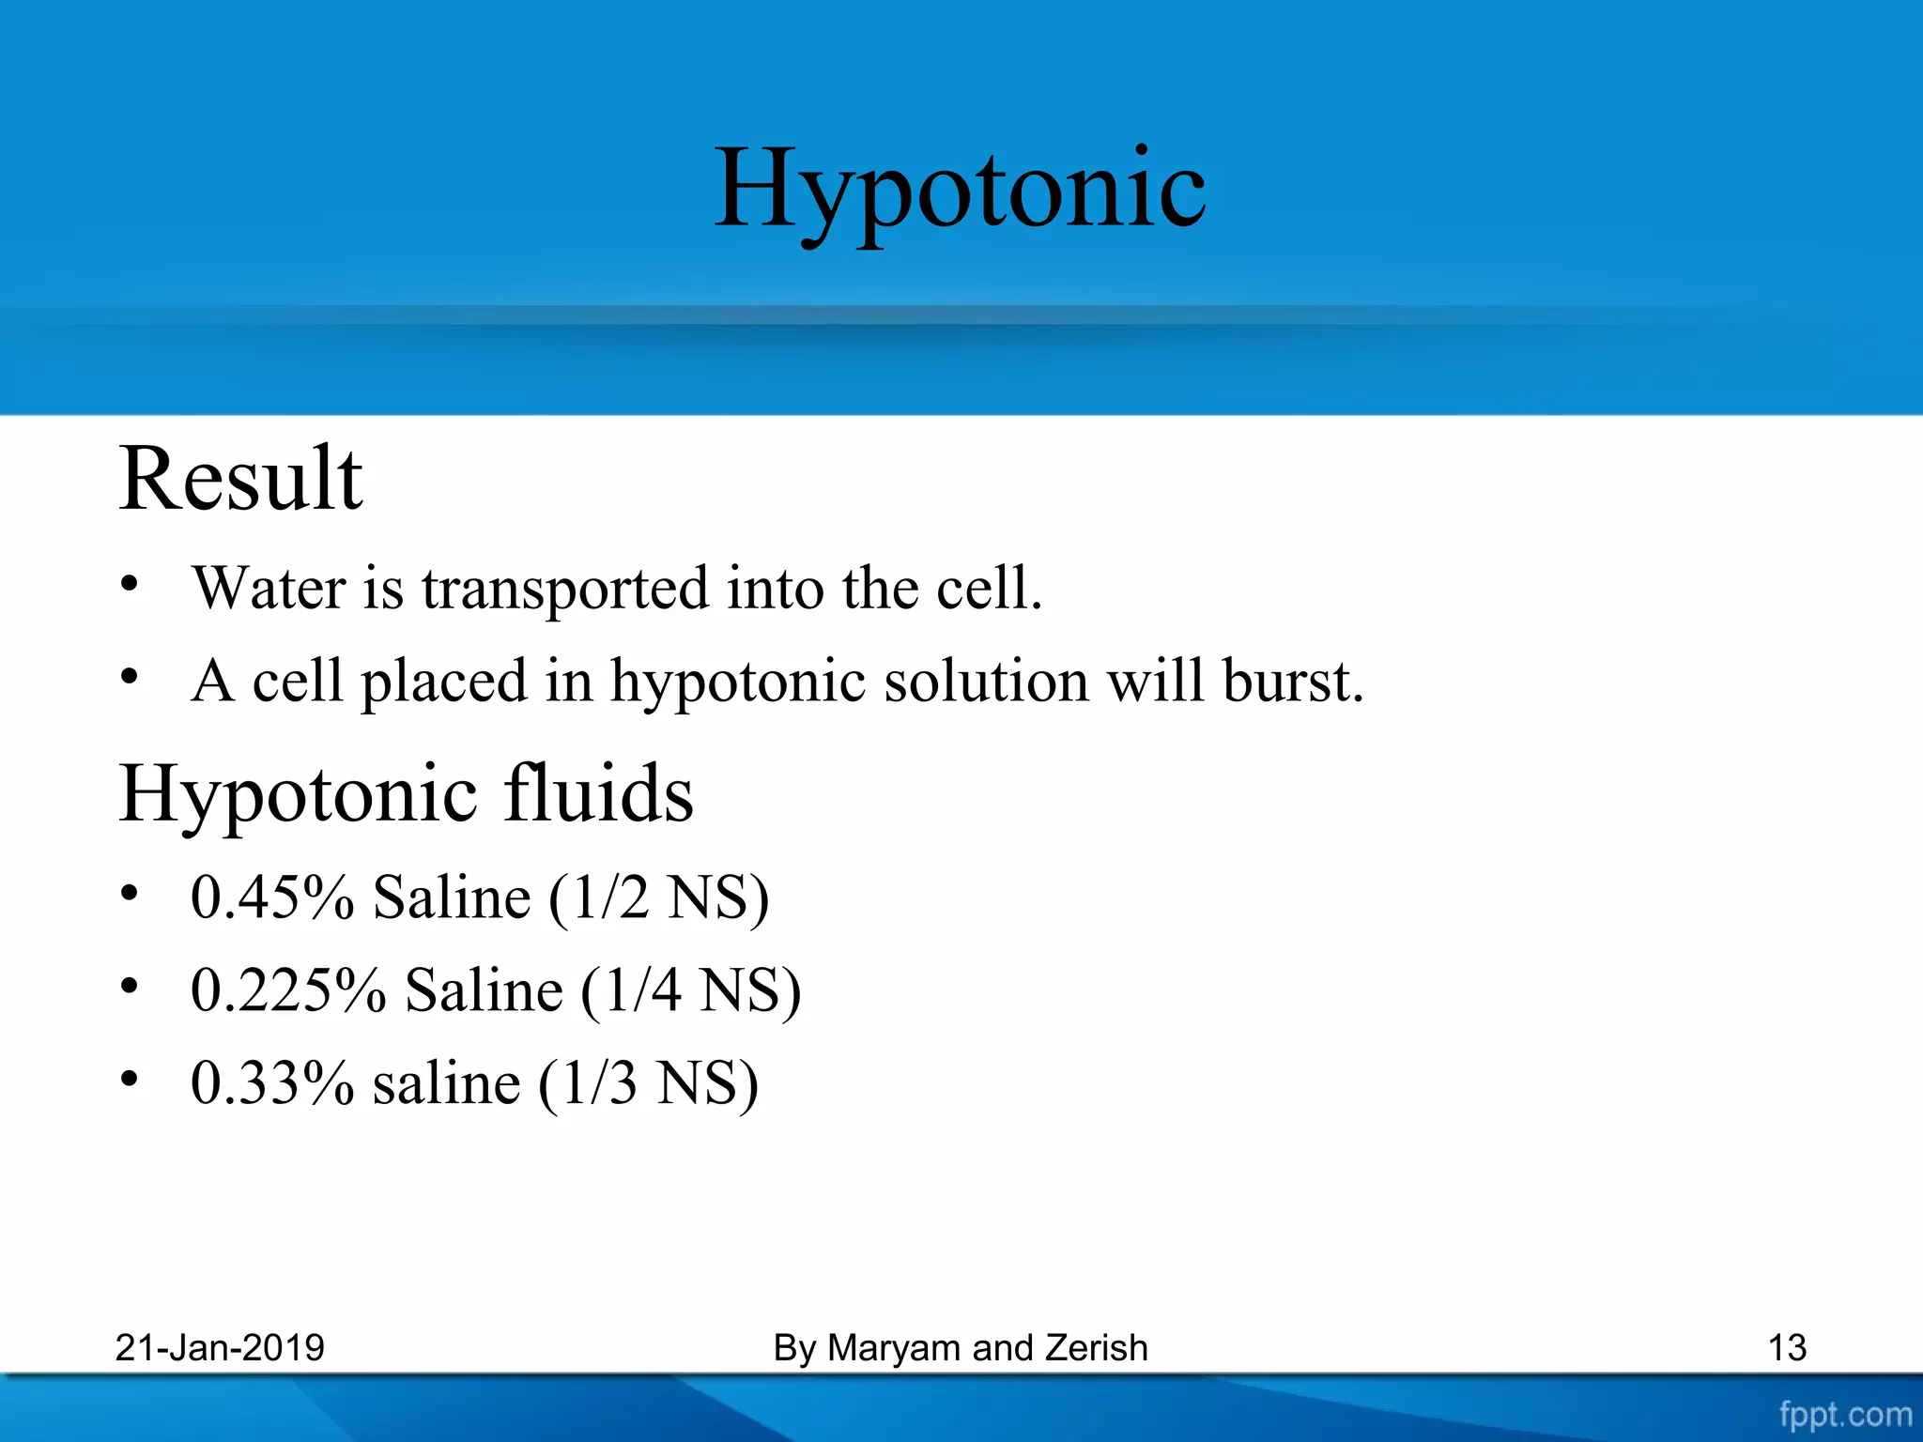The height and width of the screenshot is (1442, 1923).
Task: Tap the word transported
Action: [x=565, y=590]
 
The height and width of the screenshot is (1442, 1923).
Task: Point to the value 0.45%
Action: [x=272, y=897]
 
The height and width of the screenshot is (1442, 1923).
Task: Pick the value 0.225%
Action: [x=288, y=990]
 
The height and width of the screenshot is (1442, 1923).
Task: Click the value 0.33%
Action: [x=272, y=1083]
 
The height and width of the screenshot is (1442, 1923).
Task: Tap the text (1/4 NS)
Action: [x=691, y=991]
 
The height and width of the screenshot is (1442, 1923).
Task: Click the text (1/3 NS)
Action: [x=648, y=1084]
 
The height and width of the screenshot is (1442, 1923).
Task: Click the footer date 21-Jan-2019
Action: [x=220, y=1348]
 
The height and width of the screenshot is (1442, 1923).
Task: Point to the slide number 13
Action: [x=1786, y=1348]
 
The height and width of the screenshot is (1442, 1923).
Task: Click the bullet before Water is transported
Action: [x=130, y=583]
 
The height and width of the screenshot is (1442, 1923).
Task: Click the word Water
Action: [x=269, y=590]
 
